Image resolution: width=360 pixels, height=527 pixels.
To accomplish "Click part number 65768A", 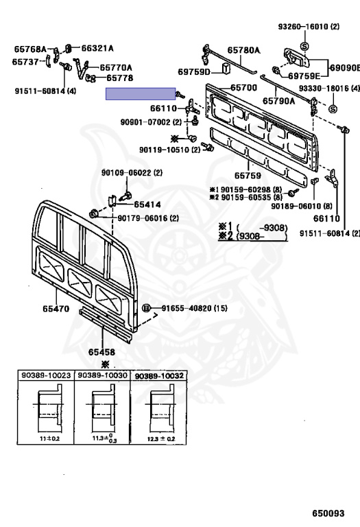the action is point(30,49).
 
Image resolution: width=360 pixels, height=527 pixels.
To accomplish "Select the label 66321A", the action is point(97,49).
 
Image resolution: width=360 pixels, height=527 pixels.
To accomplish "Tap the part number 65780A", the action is point(244,50).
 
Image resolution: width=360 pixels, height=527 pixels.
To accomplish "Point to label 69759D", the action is point(194,71).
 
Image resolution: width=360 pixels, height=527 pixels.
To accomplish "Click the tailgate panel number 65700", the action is point(244,88).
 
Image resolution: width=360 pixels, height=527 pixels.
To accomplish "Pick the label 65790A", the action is point(278,101).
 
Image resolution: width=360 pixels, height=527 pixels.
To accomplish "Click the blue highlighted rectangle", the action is point(141,94).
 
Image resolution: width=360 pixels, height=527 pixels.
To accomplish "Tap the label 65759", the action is point(248,176).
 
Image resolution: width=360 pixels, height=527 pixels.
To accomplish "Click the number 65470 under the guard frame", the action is point(56,308).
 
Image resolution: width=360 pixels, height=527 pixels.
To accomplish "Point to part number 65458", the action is point(101,352).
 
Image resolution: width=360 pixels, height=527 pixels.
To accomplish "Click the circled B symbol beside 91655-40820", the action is point(146,308).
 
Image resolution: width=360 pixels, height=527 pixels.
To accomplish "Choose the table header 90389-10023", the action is point(47,375).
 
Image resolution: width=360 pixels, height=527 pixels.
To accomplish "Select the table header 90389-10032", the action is point(159,376).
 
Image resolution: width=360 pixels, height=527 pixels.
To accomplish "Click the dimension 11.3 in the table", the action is point(98,438).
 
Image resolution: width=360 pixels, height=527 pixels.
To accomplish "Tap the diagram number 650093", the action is point(328,513).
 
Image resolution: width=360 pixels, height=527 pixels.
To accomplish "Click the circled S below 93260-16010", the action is point(304,46).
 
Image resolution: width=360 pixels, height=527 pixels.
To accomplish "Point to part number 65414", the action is point(147,204).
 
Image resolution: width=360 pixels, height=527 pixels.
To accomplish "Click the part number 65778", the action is point(120,78).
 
